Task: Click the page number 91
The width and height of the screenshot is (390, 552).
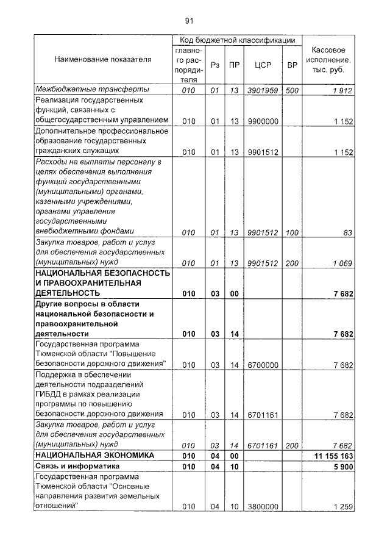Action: pyautogui.click(x=189, y=21)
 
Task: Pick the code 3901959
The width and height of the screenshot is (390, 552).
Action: pyautogui.click(x=263, y=90)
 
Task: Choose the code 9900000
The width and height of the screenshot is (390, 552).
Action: pyautogui.click(x=263, y=121)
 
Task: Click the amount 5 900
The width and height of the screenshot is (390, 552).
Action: pyautogui.click(x=343, y=467)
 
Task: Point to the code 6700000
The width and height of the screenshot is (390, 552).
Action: pyautogui.click(x=263, y=365)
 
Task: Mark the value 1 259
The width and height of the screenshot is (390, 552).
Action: pyautogui.click(x=343, y=507)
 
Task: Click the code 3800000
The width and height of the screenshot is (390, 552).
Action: pyautogui.click(x=263, y=507)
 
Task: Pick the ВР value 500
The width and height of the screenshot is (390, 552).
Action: pyautogui.click(x=292, y=90)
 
